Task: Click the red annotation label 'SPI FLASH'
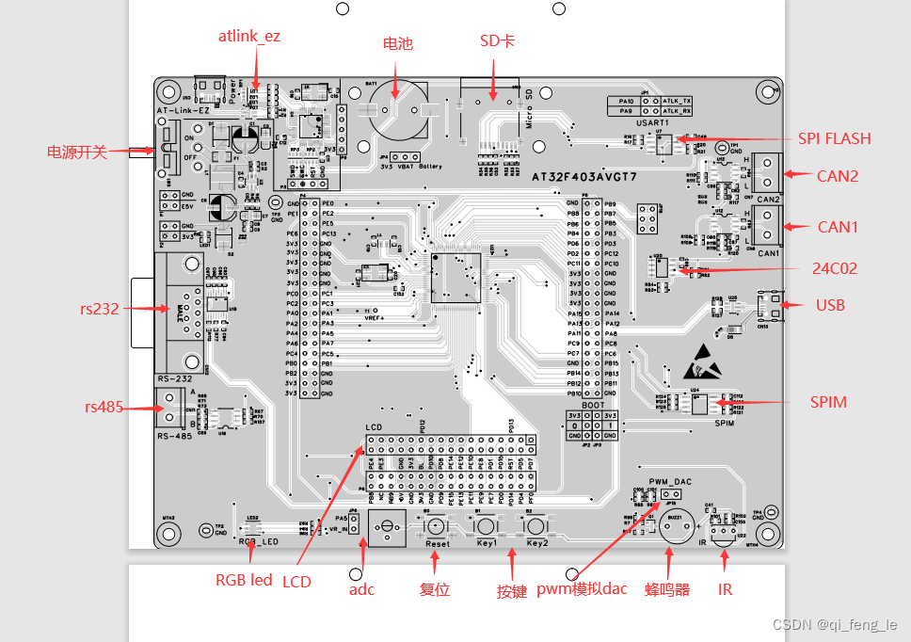click(x=834, y=138)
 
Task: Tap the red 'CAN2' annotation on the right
click(x=838, y=175)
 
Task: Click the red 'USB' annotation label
click(x=830, y=305)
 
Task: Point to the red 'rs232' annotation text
click(x=100, y=308)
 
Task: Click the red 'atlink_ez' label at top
click(x=249, y=37)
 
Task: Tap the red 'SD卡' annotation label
click(x=497, y=42)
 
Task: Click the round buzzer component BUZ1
click(x=674, y=528)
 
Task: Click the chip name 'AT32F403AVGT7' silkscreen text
click(x=583, y=177)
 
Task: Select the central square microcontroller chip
click(x=455, y=278)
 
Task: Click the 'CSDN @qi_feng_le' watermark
click(x=835, y=624)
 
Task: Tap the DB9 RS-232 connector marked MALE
click(x=181, y=311)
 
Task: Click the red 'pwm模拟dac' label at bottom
click(x=582, y=590)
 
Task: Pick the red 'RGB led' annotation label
click(x=244, y=580)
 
